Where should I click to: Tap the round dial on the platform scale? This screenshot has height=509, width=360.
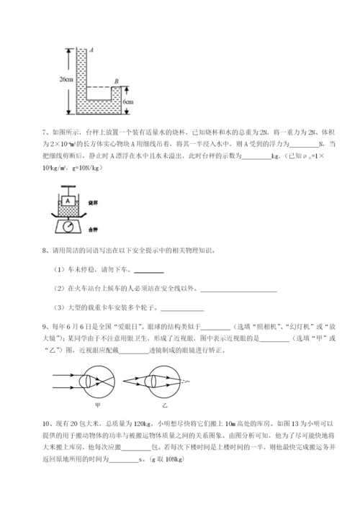coord(69,225)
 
